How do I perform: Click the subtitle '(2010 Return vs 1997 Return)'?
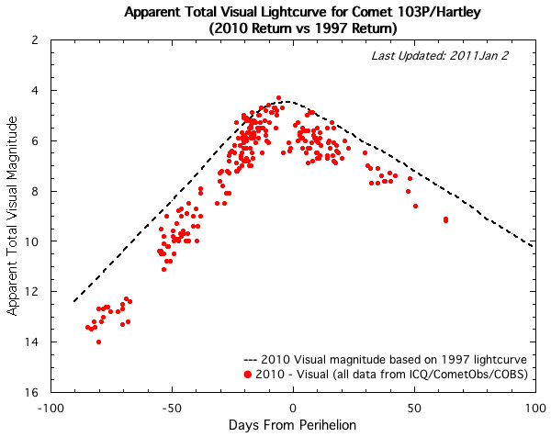click(293, 29)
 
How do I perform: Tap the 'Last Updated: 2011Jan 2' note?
click(447, 57)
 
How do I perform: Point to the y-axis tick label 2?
click(34, 40)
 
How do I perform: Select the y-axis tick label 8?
click(34, 191)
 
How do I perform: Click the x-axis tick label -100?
click(50, 407)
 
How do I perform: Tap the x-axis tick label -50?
click(171, 407)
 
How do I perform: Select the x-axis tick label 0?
click(293, 407)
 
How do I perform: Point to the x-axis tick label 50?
click(414, 407)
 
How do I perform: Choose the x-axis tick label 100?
click(534, 407)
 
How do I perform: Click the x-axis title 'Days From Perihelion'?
click(293, 426)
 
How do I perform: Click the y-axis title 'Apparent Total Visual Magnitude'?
click(12, 217)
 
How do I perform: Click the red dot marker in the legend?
click(250, 375)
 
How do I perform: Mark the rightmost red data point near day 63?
click(445, 219)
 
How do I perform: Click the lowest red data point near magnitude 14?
click(98, 342)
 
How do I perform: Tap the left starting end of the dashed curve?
click(74, 301)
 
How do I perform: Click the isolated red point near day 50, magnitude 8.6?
click(415, 206)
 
